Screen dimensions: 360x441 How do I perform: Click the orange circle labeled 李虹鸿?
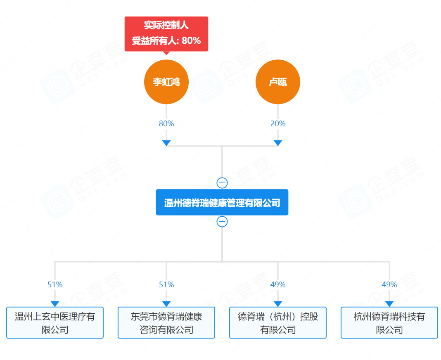point(166,82)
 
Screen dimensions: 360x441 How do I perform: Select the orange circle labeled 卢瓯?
point(278,82)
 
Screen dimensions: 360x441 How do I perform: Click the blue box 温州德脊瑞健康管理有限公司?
point(222,202)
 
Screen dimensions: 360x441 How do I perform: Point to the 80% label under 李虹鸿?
point(166,123)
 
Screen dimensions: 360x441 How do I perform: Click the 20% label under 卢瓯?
point(278,123)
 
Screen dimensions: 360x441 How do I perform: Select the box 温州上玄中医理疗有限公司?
point(55,323)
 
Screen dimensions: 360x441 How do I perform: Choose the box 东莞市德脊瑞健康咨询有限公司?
point(166,323)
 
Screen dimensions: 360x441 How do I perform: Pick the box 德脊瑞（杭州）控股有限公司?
point(278,323)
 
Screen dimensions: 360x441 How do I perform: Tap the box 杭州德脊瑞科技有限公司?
point(389,323)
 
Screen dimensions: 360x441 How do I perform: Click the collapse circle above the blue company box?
point(222,183)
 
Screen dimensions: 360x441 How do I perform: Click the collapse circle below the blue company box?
point(222,222)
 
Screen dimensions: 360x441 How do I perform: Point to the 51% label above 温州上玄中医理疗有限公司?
point(55,284)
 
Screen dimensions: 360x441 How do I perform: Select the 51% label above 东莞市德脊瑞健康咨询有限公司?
point(166,284)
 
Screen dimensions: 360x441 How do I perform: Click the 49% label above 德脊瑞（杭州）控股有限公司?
point(278,284)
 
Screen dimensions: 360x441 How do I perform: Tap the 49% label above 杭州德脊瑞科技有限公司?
point(389,284)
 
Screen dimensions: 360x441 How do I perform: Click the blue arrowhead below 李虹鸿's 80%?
point(166,143)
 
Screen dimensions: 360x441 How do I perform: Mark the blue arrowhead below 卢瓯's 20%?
point(278,143)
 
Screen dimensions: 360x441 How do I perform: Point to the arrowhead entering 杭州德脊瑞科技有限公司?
point(389,304)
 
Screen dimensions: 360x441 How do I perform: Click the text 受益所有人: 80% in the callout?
point(166,40)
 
